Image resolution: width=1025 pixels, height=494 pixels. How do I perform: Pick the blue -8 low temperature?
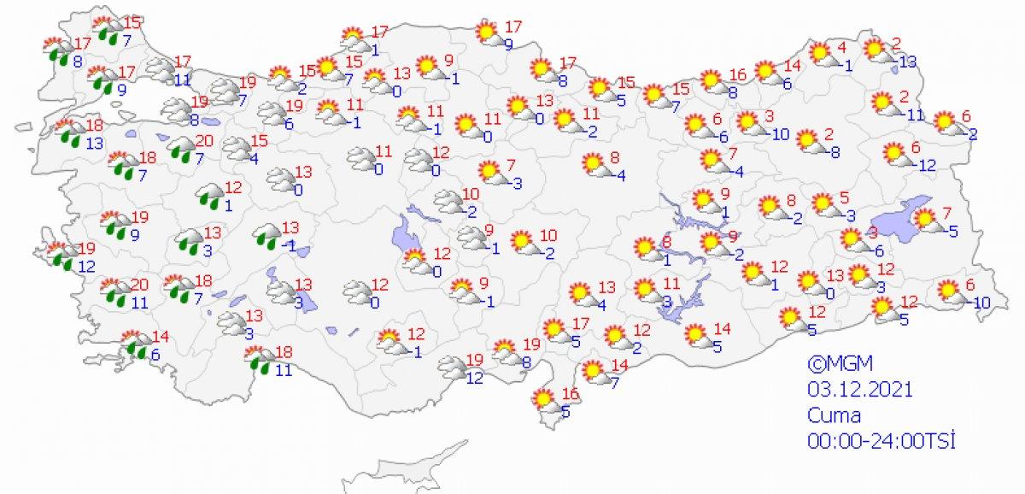tap(834, 152)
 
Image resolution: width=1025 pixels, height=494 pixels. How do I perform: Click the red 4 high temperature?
tap(841, 46)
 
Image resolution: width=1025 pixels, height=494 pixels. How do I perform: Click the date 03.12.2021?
tap(859, 390)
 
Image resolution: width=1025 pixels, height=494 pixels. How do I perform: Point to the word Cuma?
tap(835, 415)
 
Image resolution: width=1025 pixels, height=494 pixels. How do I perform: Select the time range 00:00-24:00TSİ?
tap(880, 441)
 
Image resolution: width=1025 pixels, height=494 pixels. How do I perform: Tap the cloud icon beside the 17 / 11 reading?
tap(159, 69)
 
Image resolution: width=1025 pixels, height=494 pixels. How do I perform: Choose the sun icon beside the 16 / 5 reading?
tap(542, 398)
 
